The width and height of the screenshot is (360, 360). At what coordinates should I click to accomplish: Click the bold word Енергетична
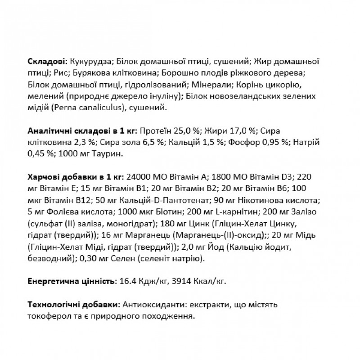pos(51,282)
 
